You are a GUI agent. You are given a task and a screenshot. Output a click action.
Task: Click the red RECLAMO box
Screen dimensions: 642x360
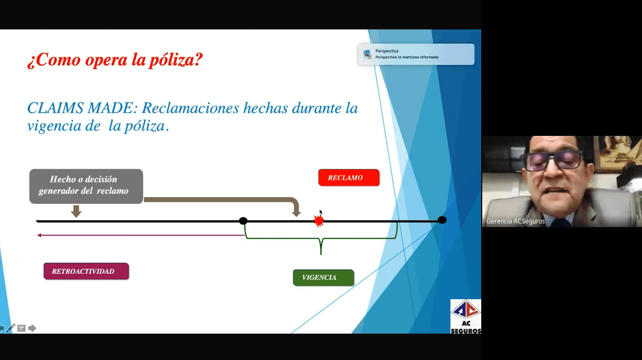click(349, 177)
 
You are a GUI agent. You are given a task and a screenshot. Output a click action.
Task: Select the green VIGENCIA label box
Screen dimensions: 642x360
click(324, 277)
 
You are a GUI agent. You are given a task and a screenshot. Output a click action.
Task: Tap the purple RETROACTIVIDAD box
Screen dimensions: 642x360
click(86, 271)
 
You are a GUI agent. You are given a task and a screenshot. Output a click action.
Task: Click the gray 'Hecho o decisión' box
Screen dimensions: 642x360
click(86, 186)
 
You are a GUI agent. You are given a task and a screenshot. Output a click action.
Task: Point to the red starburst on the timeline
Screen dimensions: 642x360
click(318, 221)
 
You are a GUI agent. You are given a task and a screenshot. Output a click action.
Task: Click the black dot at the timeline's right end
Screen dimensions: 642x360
click(442, 220)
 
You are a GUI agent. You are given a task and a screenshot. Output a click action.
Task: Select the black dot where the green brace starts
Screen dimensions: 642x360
click(243, 221)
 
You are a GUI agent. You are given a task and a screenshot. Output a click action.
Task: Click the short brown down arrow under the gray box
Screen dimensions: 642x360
click(76, 211)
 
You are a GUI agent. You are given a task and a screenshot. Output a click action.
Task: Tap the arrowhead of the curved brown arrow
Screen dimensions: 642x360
click(296, 214)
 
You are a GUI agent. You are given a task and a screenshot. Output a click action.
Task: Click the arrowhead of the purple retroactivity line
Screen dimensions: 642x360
click(39, 235)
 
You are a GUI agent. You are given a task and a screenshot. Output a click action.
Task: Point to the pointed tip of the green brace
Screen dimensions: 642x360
click(320, 254)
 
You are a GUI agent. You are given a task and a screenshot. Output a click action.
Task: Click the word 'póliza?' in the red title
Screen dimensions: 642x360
click(175, 60)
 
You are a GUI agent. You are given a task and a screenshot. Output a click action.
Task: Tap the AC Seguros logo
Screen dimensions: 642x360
click(466, 316)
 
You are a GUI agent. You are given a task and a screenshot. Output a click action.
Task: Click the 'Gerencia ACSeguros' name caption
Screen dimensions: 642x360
click(515, 221)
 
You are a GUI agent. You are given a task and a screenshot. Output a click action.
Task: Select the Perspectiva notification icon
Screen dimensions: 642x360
click(367, 54)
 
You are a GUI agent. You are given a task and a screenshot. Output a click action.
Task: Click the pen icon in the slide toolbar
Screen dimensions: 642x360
click(10, 328)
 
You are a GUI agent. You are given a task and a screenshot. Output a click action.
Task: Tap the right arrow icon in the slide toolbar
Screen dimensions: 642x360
click(32, 328)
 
